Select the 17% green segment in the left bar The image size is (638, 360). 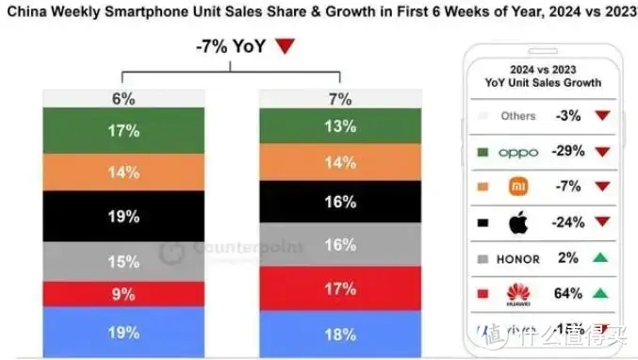click(x=123, y=132)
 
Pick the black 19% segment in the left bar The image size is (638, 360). click(x=123, y=215)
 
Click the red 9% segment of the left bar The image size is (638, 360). click(x=123, y=294)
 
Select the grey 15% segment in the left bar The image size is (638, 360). click(x=123, y=261)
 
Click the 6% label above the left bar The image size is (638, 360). click(x=123, y=99)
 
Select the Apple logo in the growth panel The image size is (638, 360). click(x=516, y=222)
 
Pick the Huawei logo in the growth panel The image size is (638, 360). click(x=517, y=294)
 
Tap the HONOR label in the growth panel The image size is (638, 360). click(x=516, y=258)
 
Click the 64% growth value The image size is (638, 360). click(x=568, y=294)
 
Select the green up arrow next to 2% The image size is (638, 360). click(x=601, y=258)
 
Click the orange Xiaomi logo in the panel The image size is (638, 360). click(x=516, y=187)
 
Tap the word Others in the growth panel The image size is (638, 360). click(x=518, y=116)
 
